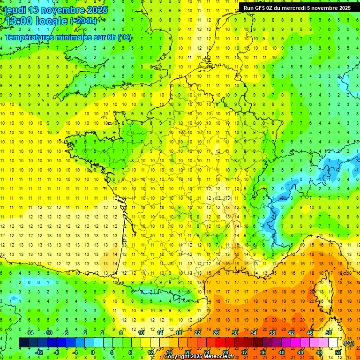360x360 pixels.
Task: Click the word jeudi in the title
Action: click(15, 10)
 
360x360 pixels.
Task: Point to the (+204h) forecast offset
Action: click(83, 21)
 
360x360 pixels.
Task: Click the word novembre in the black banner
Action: click(318, 8)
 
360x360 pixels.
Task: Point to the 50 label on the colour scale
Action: click(329, 333)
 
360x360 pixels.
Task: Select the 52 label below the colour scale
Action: click(338, 352)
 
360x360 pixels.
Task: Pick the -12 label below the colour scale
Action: click(40, 352)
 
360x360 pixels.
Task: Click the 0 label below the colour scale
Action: click(93, 352)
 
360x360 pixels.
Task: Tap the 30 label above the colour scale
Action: click(235, 333)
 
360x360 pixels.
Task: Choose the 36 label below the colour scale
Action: click(262, 352)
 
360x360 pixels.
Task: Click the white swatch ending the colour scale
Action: click(333, 343)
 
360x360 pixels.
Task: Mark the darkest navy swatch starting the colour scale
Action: click(23, 343)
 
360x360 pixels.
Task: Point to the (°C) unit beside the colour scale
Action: click(349, 343)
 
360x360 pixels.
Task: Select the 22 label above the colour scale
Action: click(197, 333)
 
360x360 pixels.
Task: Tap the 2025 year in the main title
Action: click(97, 10)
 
